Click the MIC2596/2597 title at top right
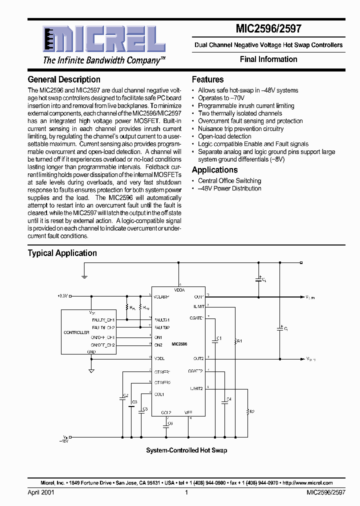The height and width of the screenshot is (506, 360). (269, 29)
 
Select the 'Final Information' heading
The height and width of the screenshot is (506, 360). (268, 59)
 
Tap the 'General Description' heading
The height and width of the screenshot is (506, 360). (64, 79)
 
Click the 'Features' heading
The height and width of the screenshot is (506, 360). (207, 79)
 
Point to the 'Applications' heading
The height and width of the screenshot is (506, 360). (215, 170)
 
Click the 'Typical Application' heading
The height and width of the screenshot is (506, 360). (62, 253)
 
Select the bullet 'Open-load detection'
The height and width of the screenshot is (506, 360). (224, 136)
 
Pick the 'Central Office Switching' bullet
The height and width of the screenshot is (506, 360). (229, 181)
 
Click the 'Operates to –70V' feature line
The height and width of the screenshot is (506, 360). (220, 98)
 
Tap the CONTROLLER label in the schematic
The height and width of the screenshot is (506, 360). (76, 332)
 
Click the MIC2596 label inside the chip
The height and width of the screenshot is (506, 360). (179, 344)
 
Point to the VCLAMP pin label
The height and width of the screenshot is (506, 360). (161, 296)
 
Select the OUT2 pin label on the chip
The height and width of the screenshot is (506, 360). (198, 358)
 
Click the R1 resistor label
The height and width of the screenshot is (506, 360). (239, 341)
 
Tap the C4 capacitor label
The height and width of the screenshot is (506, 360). (229, 399)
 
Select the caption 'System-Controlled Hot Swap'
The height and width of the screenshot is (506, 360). (186, 450)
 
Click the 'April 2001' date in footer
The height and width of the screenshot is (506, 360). (41, 492)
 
